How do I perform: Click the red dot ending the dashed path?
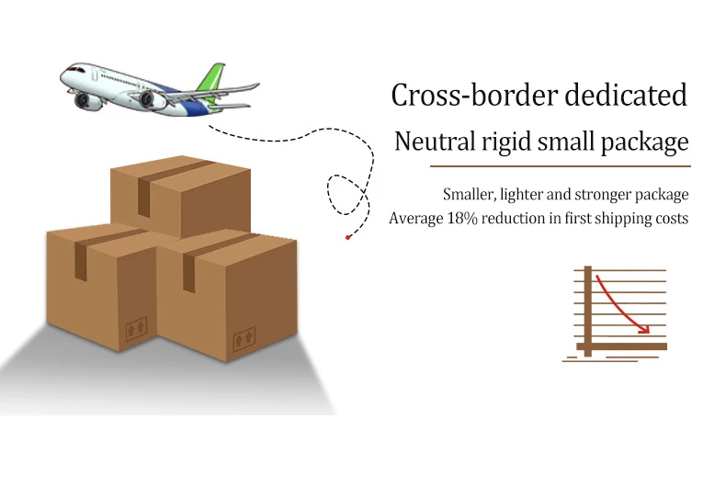click(x=347, y=237)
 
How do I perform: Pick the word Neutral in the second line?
click(x=430, y=142)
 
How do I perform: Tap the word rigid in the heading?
click(x=500, y=142)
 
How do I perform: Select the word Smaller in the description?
click(x=469, y=195)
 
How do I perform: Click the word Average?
click(x=416, y=219)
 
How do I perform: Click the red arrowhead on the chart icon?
click(x=645, y=329)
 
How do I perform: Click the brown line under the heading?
click(x=560, y=166)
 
